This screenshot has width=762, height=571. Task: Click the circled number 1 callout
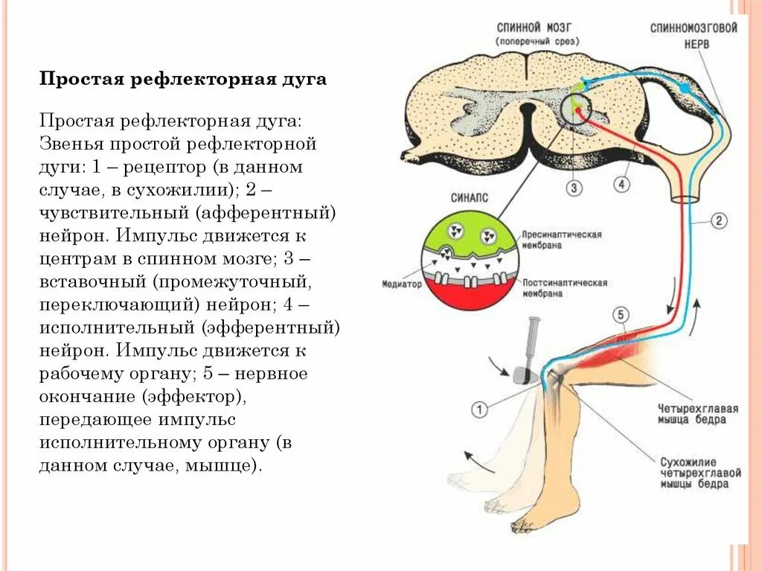[480, 409]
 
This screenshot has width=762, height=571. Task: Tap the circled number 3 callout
[574, 188]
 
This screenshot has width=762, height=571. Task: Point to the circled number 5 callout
[622, 315]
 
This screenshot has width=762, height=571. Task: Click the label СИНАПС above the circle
[470, 198]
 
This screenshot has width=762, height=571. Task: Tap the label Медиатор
[402, 284]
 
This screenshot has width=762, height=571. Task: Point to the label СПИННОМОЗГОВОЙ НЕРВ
[694, 36]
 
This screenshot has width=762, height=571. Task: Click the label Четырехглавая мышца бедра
[697, 414]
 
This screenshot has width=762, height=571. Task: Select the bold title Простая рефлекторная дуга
[183, 79]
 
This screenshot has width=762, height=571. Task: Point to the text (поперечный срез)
[537, 41]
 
